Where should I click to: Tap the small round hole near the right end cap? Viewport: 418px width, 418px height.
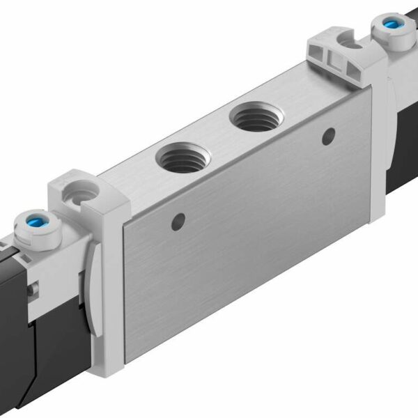pyautogui.click(x=326, y=137)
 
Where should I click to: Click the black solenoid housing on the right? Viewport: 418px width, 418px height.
pyautogui.click(x=404, y=139)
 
